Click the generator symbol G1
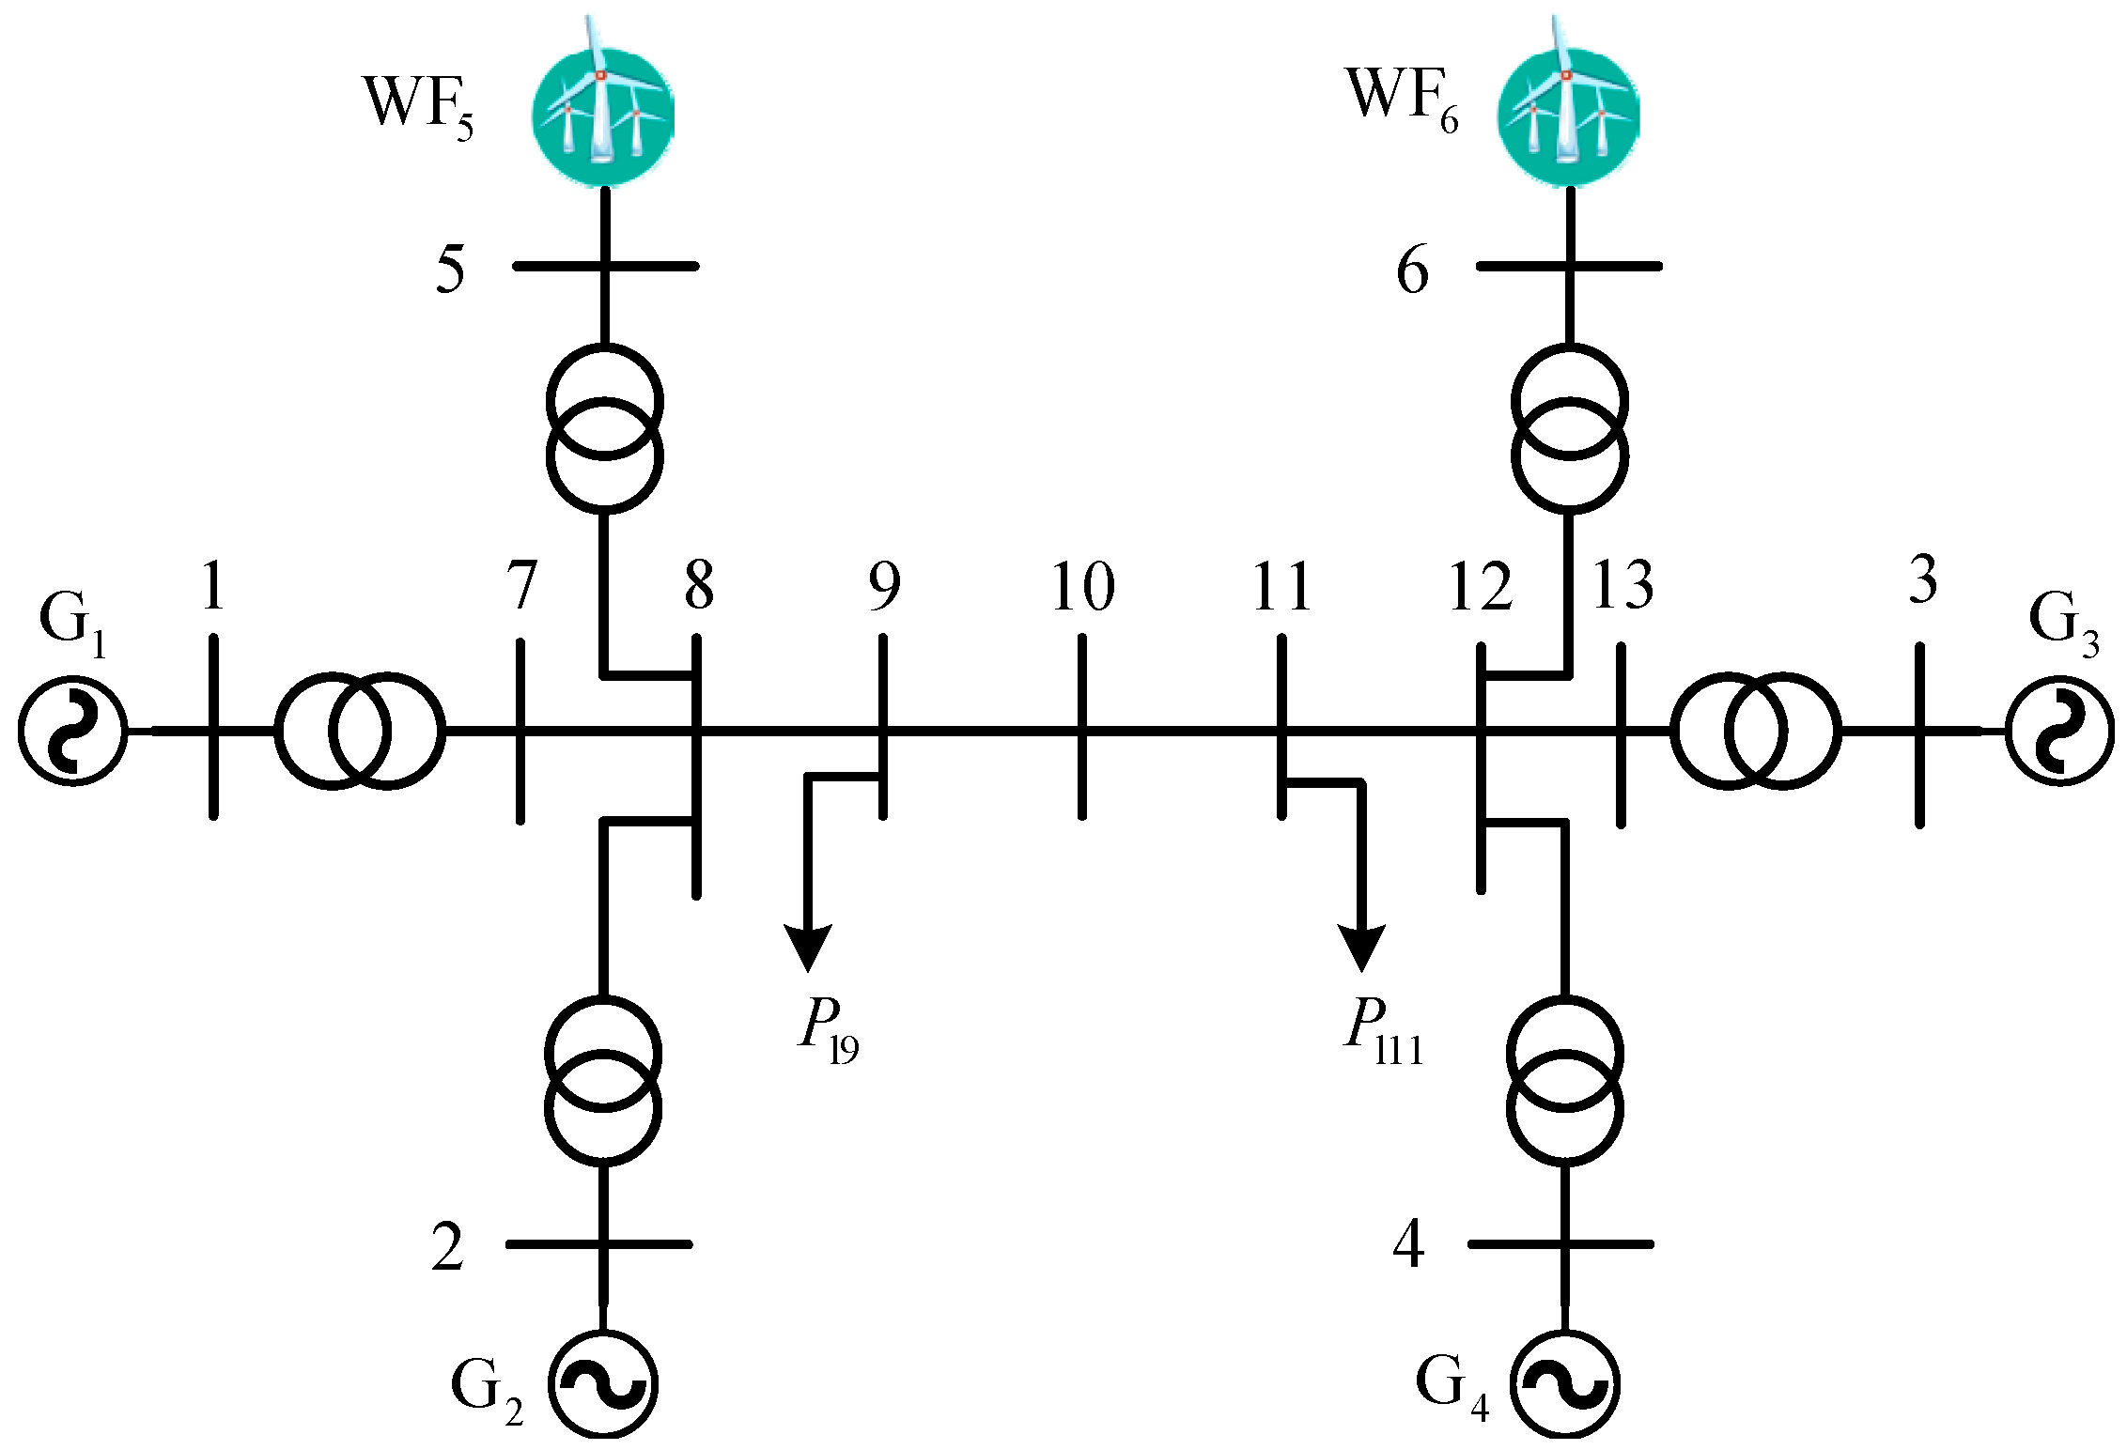72,730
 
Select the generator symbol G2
603,1384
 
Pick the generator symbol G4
1565,1384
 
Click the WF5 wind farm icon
603,105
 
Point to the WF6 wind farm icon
1567,105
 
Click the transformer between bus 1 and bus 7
359,730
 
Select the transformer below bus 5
605,429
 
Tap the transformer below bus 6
1570,429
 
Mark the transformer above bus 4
1565,1081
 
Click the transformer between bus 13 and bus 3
1756,730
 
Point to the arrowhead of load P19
807,949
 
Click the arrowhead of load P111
1361,949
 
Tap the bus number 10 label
1083,586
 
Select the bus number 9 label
884,586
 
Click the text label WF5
419,105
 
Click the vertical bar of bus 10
1082,728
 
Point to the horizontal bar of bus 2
599,1244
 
